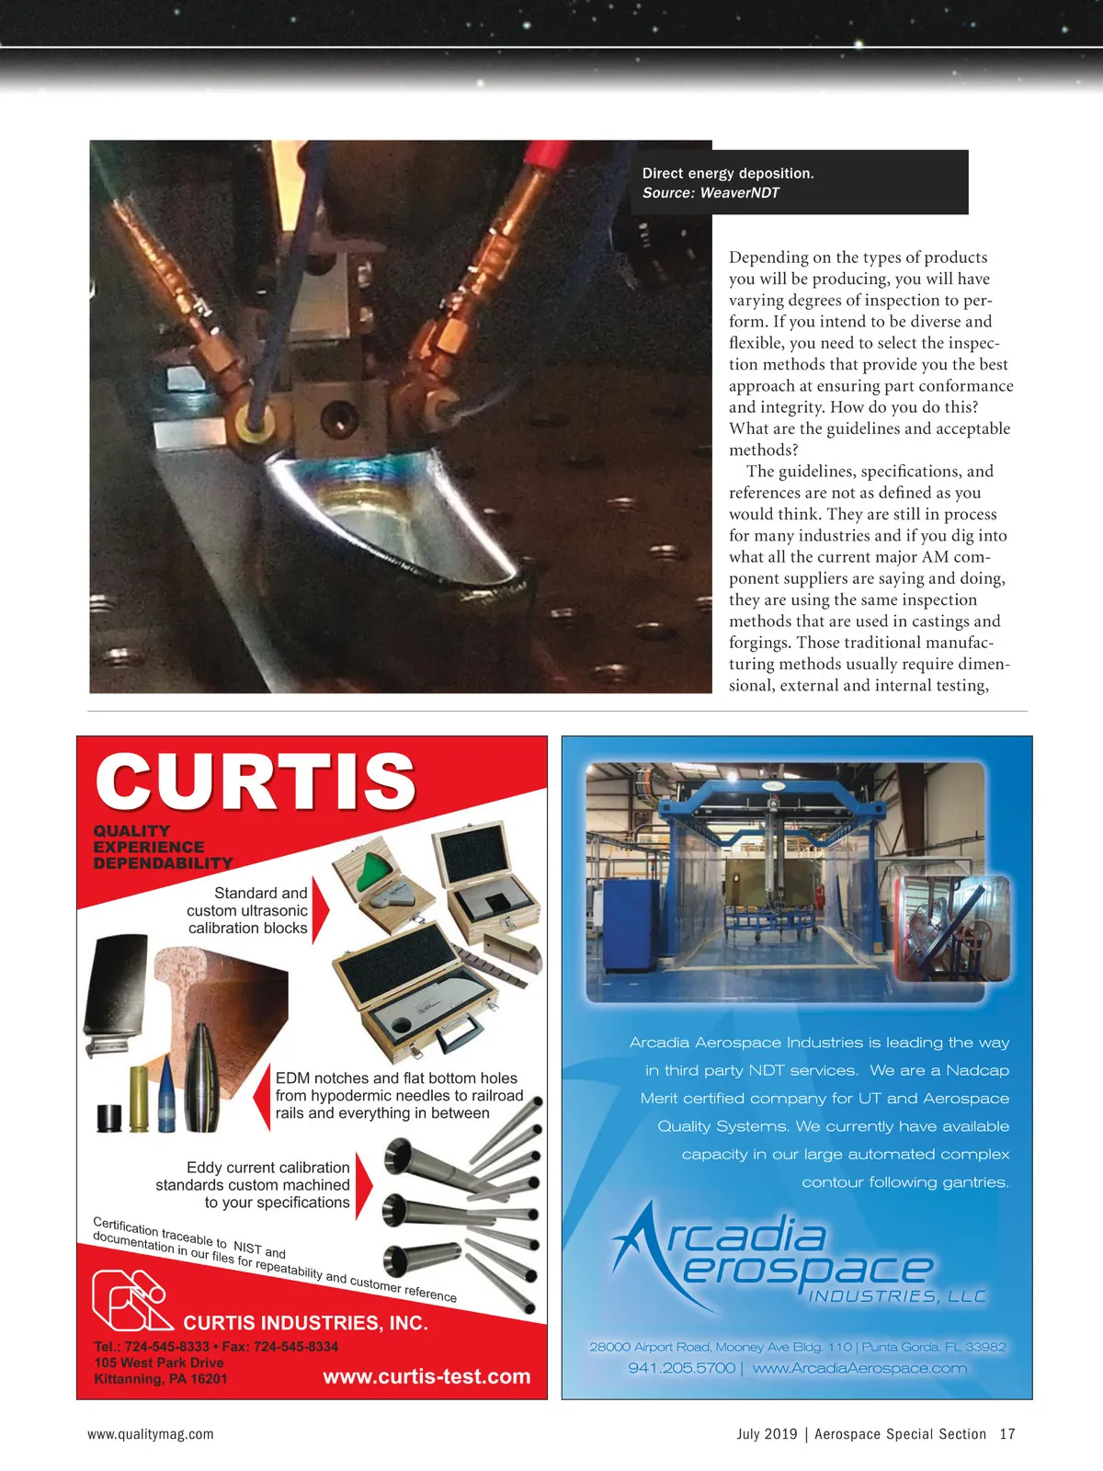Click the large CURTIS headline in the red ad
[256, 781]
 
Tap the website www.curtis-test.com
[426, 1376]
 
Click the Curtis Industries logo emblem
[131, 1299]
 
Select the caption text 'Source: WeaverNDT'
[711, 193]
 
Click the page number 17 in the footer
[1007, 1434]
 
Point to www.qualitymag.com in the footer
[151, 1434]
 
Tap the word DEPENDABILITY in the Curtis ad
[163, 863]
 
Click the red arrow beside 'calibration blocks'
[320, 910]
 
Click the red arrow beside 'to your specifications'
[363, 1184]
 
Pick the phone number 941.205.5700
[681, 1368]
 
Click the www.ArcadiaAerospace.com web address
[859, 1368]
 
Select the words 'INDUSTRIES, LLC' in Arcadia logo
[896, 1296]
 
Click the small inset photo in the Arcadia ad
[952, 929]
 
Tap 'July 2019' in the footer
[767, 1434]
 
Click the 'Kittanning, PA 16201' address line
[160, 1379]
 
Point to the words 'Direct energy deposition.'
[728, 174]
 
